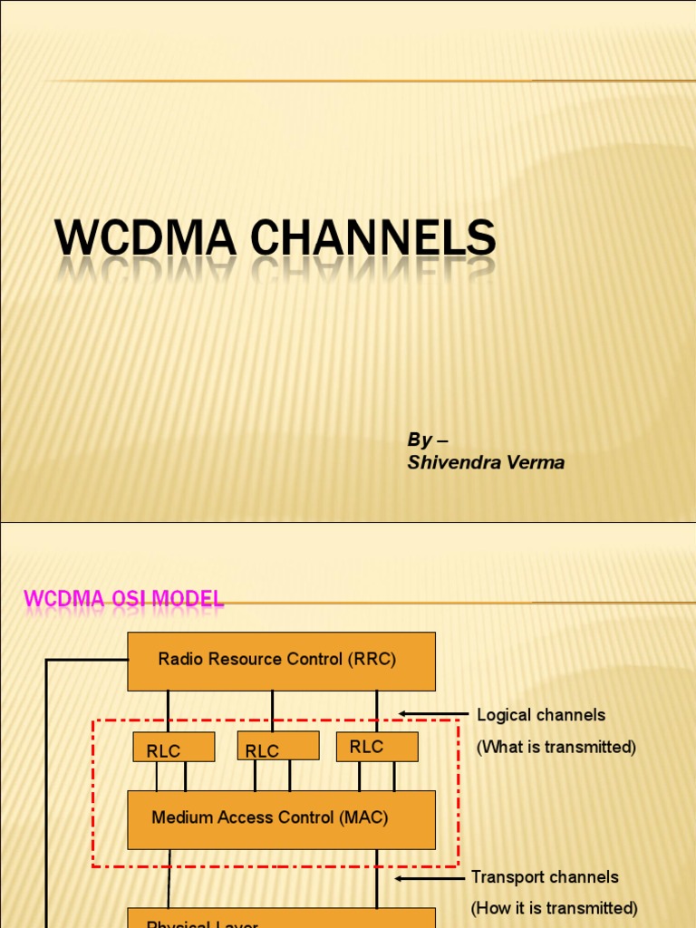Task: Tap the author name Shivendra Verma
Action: pos(486,462)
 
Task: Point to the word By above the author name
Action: pos(419,440)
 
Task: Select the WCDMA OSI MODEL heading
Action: pos(123,598)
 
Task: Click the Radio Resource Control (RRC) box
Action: pos(281,661)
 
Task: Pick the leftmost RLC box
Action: pos(173,748)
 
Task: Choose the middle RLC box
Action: pos(277,746)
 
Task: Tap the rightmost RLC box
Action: pos(377,747)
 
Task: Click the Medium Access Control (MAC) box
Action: pos(281,819)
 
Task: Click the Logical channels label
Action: pos(541,715)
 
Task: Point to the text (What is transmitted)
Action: pos(556,747)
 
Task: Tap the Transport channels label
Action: pos(545,877)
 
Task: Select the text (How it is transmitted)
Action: pos(554,908)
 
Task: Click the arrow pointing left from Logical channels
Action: pos(432,714)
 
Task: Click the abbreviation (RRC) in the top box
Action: pos(371,659)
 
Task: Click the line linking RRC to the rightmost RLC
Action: pos(377,710)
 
